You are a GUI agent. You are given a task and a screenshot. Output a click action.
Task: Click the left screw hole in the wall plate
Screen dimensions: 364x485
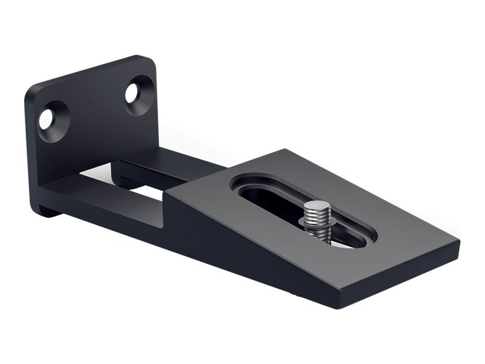(x=47, y=120)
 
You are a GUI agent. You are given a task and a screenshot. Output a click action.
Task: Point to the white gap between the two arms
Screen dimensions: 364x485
(x=145, y=192)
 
